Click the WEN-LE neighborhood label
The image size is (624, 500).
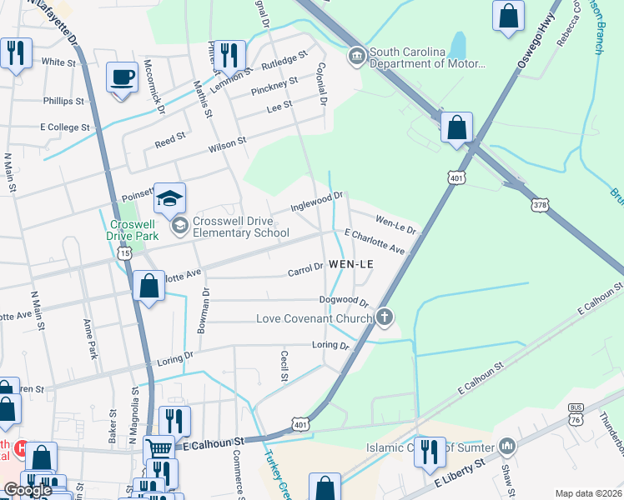(x=350, y=263)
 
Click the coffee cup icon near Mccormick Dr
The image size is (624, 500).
(x=122, y=77)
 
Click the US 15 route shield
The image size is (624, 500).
(x=124, y=253)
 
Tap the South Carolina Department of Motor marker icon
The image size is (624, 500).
(x=357, y=57)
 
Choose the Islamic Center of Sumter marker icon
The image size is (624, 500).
(x=506, y=447)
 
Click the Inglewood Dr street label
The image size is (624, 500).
(x=317, y=200)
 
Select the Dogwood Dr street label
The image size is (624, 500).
(x=343, y=300)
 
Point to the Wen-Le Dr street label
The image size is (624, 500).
(x=395, y=224)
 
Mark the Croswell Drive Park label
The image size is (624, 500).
(x=134, y=231)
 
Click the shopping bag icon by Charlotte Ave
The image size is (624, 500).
(x=148, y=285)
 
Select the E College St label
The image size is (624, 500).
(x=64, y=127)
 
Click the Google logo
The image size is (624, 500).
(x=28, y=490)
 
